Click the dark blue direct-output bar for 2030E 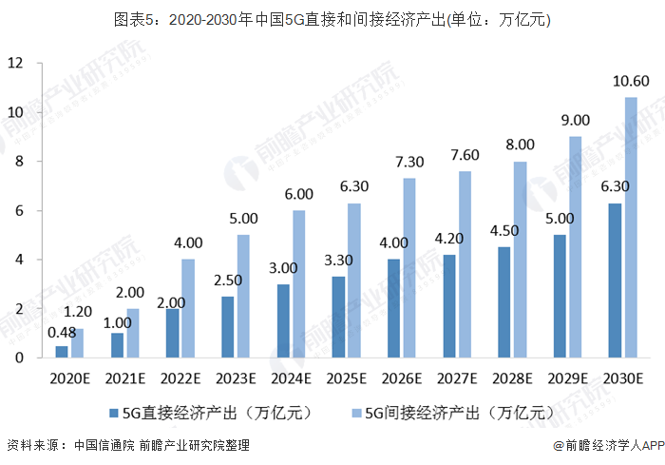coord(615,281)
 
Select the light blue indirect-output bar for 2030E coord(631,228)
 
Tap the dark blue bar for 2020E coord(62,352)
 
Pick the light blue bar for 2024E coord(299,284)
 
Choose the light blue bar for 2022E coord(188,309)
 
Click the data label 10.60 coord(631,81)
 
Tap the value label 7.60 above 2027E coord(465,155)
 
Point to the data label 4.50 coord(504,231)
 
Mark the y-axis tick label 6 coord(18,210)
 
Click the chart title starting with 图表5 coord(332,19)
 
